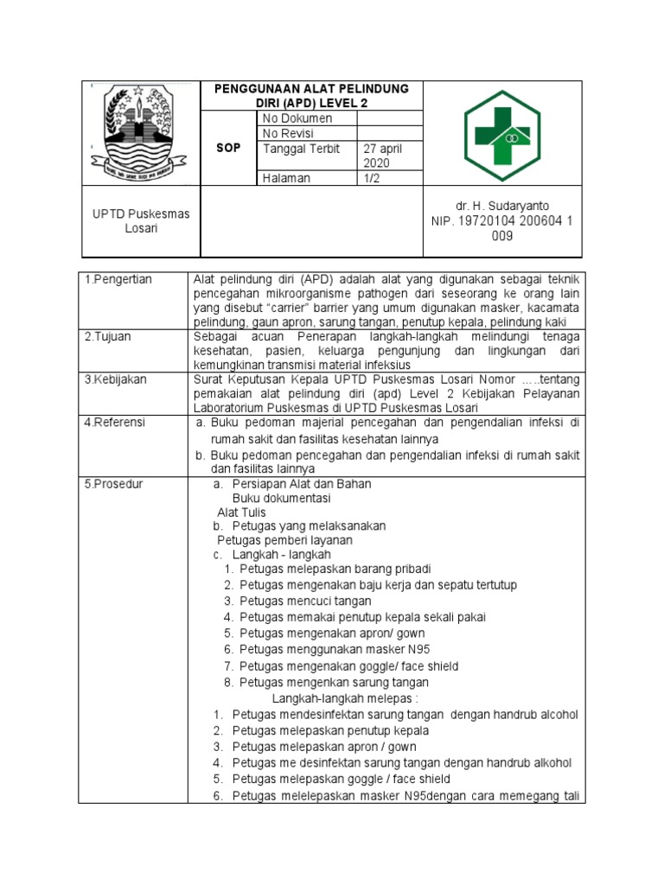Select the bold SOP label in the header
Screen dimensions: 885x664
pyautogui.click(x=228, y=148)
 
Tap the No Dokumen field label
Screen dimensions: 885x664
pyautogui.click(x=297, y=118)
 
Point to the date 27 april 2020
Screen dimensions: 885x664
pyautogui.click(x=382, y=156)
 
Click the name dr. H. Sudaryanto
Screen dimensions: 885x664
pyautogui.click(x=502, y=206)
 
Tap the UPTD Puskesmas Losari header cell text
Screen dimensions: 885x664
pyautogui.click(x=130, y=220)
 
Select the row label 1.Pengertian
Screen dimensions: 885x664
pyautogui.click(x=118, y=279)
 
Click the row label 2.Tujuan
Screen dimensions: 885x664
pyautogui.click(x=108, y=336)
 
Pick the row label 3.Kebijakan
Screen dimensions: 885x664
pyautogui.click(x=116, y=379)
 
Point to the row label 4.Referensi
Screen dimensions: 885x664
pyautogui.click(x=115, y=423)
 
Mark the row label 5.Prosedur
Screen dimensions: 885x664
pyautogui.click(x=114, y=484)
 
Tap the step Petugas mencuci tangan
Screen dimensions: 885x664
pyautogui.click(x=305, y=601)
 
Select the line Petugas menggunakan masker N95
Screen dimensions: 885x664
pyautogui.click(x=334, y=649)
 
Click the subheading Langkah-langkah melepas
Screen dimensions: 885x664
pyautogui.click(x=345, y=698)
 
